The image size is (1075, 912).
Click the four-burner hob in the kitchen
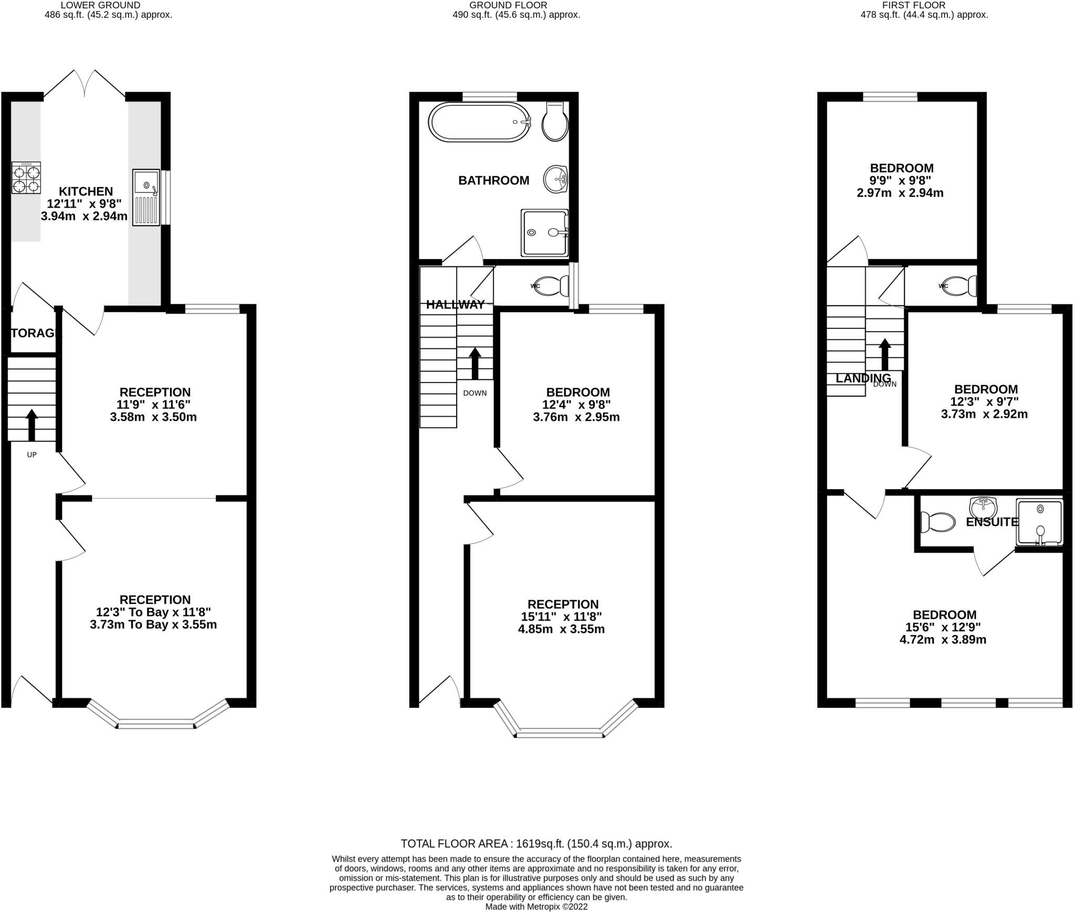coord(26,178)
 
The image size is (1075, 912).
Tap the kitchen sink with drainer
coord(146,197)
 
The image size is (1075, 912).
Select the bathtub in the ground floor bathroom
coord(480,122)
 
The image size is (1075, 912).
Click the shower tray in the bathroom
coord(544,232)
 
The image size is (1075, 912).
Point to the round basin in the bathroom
coord(555,179)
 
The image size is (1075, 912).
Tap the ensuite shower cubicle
coord(1039,522)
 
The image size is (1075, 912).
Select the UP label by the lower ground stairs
coord(31,454)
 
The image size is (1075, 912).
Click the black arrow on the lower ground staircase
coord(31,425)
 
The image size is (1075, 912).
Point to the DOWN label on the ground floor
coord(475,393)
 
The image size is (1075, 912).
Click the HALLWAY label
coord(455,304)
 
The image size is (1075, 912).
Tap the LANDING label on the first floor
coord(863,378)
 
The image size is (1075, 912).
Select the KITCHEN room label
coord(86,191)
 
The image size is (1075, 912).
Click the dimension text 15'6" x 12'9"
coord(943,627)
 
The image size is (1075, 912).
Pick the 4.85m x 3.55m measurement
coord(561,629)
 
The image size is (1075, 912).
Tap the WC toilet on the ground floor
coord(551,286)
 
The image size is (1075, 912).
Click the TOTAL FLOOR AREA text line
coord(536,844)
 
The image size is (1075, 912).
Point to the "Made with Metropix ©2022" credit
coord(536,906)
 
